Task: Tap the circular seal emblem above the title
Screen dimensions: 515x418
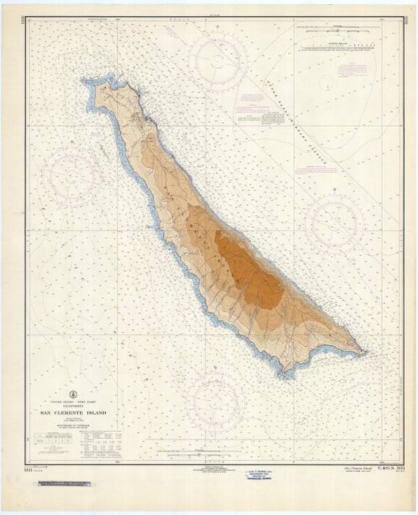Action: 73,394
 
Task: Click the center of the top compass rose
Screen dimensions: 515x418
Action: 217,61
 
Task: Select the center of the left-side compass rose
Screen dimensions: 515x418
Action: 71,177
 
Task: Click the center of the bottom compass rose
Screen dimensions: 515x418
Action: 215,401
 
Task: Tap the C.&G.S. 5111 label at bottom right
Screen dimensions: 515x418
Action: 389,467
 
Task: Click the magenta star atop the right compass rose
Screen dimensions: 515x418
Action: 334,190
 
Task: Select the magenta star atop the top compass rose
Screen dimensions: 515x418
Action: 217,27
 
